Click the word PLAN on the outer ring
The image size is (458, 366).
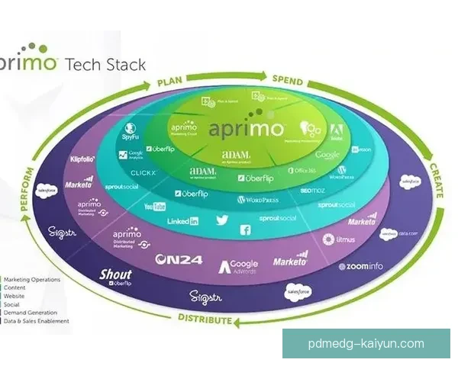click(172, 82)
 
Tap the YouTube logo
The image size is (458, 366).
click(155, 206)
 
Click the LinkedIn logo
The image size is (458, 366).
click(183, 221)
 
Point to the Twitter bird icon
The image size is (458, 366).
click(222, 220)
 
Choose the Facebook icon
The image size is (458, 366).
click(246, 230)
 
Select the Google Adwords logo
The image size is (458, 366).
click(239, 266)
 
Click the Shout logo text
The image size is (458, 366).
click(116, 274)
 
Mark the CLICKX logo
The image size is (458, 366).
click(144, 173)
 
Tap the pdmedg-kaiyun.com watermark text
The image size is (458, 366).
click(366, 344)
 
